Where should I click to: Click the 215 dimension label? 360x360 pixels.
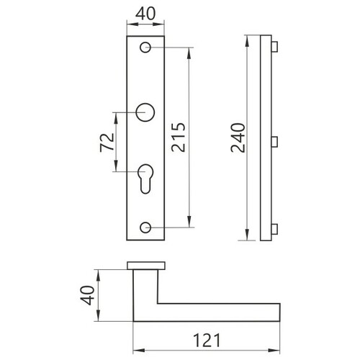(179, 138)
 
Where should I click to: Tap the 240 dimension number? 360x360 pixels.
(238, 138)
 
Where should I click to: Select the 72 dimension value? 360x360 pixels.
(107, 143)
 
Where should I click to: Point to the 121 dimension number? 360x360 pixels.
(207, 340)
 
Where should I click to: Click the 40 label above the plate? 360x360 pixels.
(145, 14)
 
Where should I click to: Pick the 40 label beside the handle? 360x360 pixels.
(88, 295)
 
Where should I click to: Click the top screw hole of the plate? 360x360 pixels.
(145, 48)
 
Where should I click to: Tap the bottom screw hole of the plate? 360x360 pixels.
(145, 228)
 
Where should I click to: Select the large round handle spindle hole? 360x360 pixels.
(145, 112)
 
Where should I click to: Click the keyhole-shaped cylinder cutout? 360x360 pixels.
(145, 179)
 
